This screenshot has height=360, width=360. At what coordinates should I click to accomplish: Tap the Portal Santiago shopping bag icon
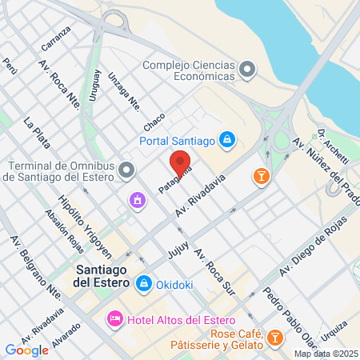coord(228,140)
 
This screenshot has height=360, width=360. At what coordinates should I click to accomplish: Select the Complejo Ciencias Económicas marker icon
coord(246,70)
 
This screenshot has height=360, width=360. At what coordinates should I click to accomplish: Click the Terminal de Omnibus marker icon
coord(126,170)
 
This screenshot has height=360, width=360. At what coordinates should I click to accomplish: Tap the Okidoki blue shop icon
coord(144,282)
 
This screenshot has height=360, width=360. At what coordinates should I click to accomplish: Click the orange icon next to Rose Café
coord(275,337)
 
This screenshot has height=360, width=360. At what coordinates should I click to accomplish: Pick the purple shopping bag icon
coord(138,198)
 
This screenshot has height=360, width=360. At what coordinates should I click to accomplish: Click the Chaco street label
coord(154,122)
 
